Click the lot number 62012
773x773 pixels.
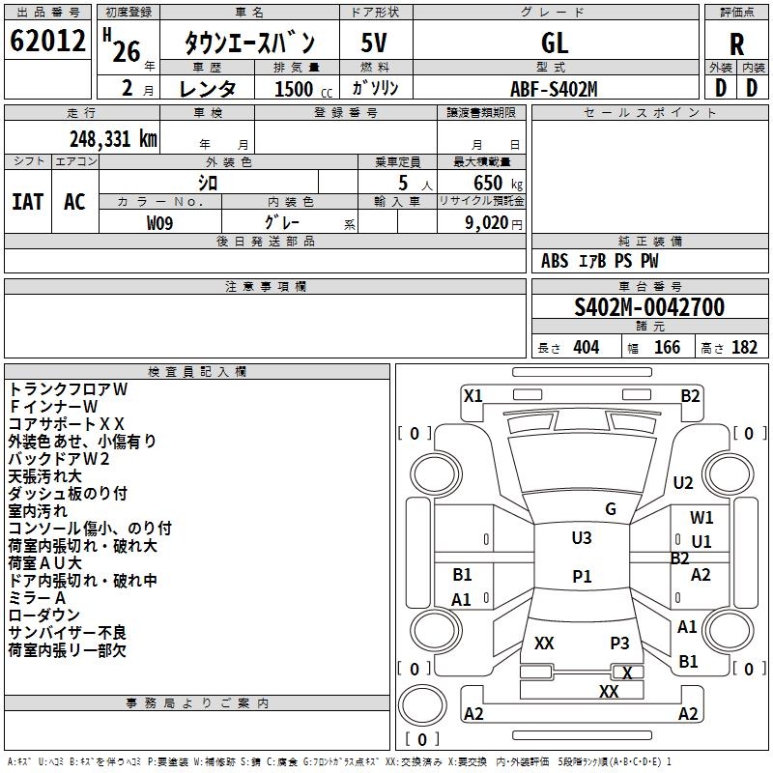pyautogui.click(x=47, y=43)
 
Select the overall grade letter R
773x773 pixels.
pyautogui.click(x=737, y=43)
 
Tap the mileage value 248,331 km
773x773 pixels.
pyautogui.click(x=113, y=138)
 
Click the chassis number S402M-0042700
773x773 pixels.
pyautogui.click(x=649, y=307)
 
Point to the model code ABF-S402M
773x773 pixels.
pyautogui.click(x=554, y=89)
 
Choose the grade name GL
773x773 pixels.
pyautogui.click(x=555, y=43)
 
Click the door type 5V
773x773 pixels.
pyautogui.click(x=375, y=43)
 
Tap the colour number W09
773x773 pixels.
pyautogui.click(x=160, y=222)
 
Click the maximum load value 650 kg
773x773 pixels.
pyautogui.click(x=492, y=183)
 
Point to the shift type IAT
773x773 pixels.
pyautogui.click(x=27, y=201)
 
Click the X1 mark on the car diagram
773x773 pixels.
pyautogui.click(x=472, y=395)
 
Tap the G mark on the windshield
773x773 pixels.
pyautogui.click(x=611, y=509)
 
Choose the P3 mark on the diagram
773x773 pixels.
pyautogui.click(x=619, y=644)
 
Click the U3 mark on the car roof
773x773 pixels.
pyautogui.click(x=582, y=538)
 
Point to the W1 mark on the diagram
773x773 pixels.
pyautogui.click(x=701, y=518)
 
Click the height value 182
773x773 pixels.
pyautogui.click(x=744, y=348)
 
